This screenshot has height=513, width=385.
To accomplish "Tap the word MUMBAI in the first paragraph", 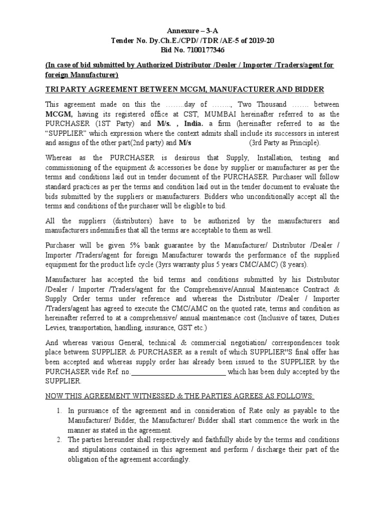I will (213, 114).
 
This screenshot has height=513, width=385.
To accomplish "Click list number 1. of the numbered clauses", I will (58, 411).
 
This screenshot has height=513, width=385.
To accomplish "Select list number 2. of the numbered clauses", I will (58, 440).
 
